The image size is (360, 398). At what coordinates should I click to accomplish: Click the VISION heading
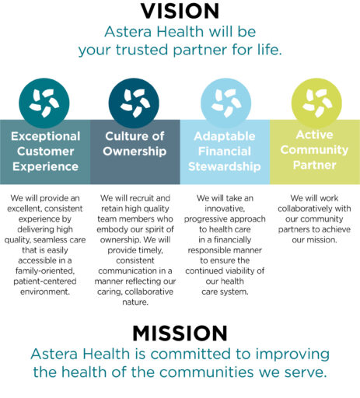point(180,12)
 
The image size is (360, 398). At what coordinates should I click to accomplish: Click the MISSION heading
point(180,333)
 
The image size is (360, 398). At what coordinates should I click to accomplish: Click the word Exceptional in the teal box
point(45,135)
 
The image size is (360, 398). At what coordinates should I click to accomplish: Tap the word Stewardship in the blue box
point(225,166)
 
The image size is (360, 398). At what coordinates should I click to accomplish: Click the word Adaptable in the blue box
point(225,136)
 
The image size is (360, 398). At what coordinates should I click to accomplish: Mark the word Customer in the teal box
point(45,150)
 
